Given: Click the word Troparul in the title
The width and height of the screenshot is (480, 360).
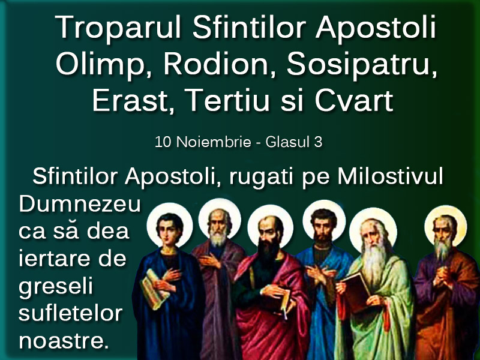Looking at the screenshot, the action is click(x=118, y=28).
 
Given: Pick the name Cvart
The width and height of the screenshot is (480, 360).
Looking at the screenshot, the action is click(x=354, y=101).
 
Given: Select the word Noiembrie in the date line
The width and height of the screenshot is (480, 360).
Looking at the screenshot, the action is click(x=214, y=142).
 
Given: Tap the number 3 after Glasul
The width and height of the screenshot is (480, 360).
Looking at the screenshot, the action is click(x=318, y=142).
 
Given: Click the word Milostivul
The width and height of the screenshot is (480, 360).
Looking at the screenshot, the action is click(x=391, y=176).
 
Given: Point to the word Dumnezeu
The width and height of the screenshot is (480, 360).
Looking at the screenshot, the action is click(x=80, y=204).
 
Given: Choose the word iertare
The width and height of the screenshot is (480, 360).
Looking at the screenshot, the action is click(x=56, y=259).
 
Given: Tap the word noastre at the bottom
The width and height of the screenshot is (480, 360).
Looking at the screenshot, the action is click(x=64, y=341).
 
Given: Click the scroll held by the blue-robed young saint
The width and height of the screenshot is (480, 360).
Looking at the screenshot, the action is click(x=154, y=289).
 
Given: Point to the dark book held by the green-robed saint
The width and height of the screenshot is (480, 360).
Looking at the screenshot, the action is click(x=356, y=291).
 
